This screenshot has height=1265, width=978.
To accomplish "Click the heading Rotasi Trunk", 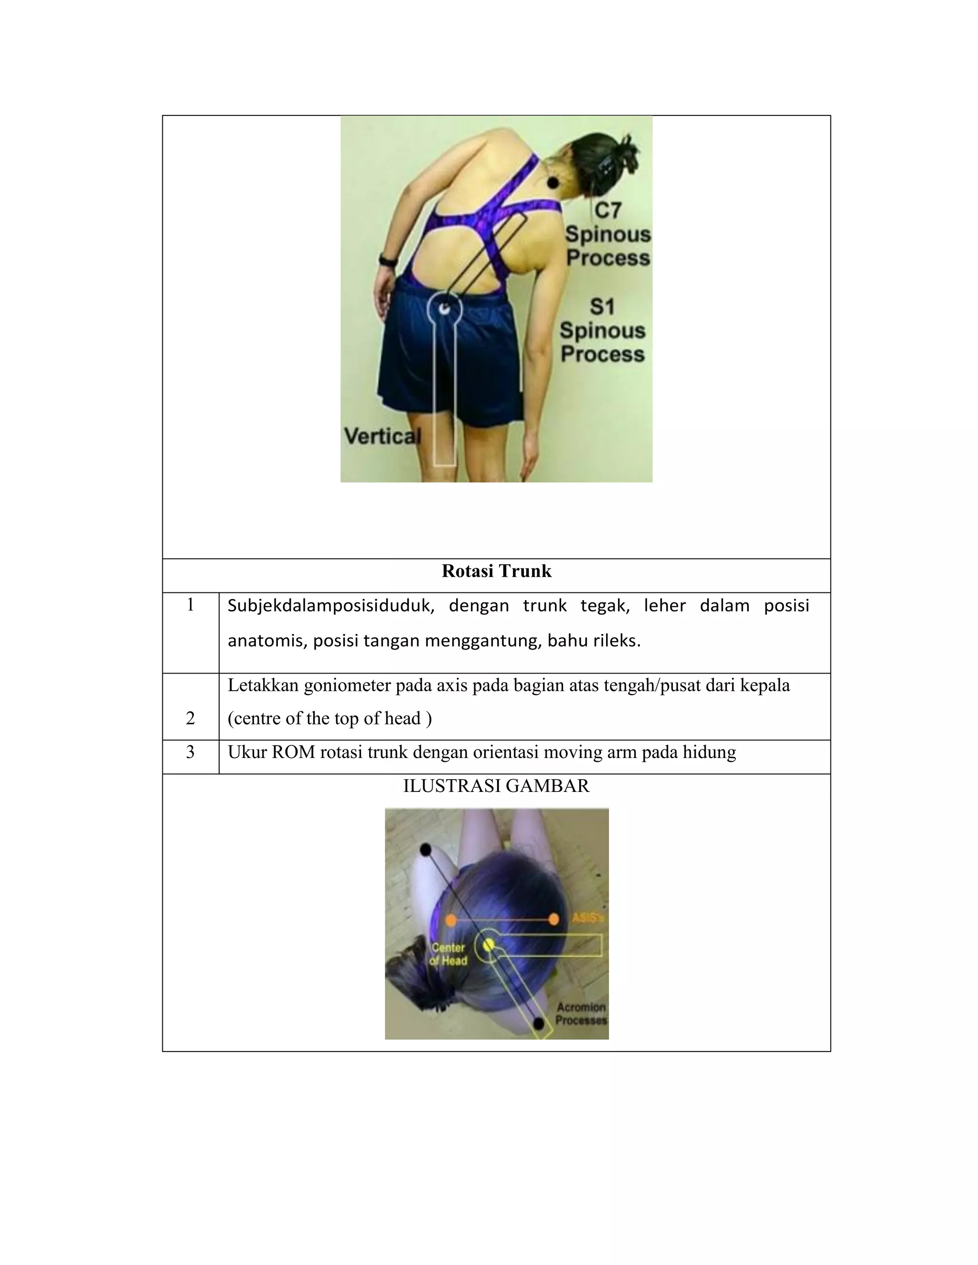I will [496, 571].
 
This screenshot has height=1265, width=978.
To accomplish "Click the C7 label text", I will [607, 210].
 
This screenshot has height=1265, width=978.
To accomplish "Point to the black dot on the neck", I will [553, 183].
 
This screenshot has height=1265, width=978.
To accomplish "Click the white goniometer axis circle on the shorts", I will [445, 309].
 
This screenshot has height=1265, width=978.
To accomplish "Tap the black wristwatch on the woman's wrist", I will [387, 260].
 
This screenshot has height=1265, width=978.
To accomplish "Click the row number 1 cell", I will [190, 605].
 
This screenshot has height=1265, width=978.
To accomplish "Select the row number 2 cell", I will [190, 718].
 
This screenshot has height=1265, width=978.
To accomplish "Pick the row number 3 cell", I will [190, 752].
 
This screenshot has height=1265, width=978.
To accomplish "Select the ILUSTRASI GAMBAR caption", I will [496, 786].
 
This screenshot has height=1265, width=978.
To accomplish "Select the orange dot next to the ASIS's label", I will [553, 919].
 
